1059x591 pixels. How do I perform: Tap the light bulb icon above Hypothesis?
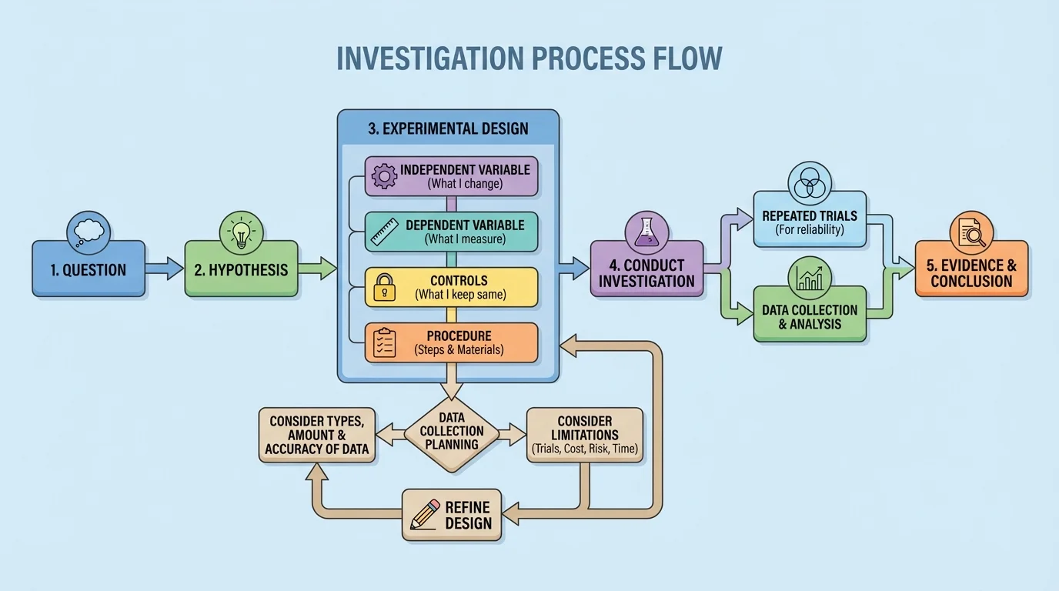click(x=242, y=231)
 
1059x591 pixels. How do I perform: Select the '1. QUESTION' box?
click(x=89, y=269)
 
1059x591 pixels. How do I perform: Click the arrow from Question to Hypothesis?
click(x=164, y=269)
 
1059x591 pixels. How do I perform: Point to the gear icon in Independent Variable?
click(x=383, y=176)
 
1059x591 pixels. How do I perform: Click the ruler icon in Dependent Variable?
click(x=383, y=232)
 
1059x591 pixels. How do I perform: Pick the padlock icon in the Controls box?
click(x=383, y=289)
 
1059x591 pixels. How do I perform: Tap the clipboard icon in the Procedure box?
click(x=383, y=343)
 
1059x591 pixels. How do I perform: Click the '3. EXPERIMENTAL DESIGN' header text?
click(x=448, y=129)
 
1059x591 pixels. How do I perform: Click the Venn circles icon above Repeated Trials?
click(x=809, y=183)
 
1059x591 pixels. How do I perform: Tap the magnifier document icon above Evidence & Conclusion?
click(x=971, y=231)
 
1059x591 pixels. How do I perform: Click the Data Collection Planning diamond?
click(x=452, y=432)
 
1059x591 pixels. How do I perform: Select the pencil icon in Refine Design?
click(x=426, y=513)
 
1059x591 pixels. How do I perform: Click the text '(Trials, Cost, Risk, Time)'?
click(x=584, y=449)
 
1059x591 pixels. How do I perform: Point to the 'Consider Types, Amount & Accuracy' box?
click(x=317, y=436)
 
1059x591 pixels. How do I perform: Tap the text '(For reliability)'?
click(x=809, y=229)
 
